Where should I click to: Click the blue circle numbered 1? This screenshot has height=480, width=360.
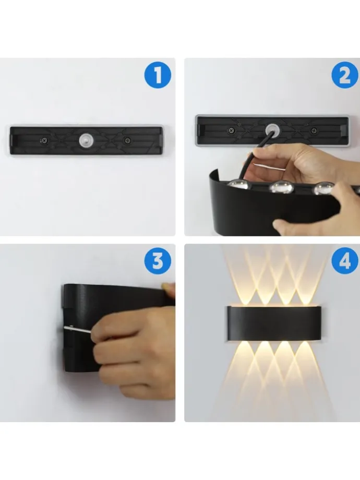pos(158,75)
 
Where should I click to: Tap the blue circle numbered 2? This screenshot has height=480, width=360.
pos(345,75)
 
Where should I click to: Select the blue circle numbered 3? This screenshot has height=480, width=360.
pos(158,261)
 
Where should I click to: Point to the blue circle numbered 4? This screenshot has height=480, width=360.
pos(345,261)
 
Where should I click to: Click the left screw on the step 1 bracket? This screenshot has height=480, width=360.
pos(45,141)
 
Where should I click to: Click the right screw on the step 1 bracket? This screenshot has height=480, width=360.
pos(127,140)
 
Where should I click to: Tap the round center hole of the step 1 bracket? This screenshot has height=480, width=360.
pos(86,140)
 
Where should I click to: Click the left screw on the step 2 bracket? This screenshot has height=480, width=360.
pos(232,131)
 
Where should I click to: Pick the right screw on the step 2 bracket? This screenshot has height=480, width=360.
pos(314,131)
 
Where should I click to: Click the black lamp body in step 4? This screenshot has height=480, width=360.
pos(274,323)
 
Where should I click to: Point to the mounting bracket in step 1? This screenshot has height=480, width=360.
pos(86,140)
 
